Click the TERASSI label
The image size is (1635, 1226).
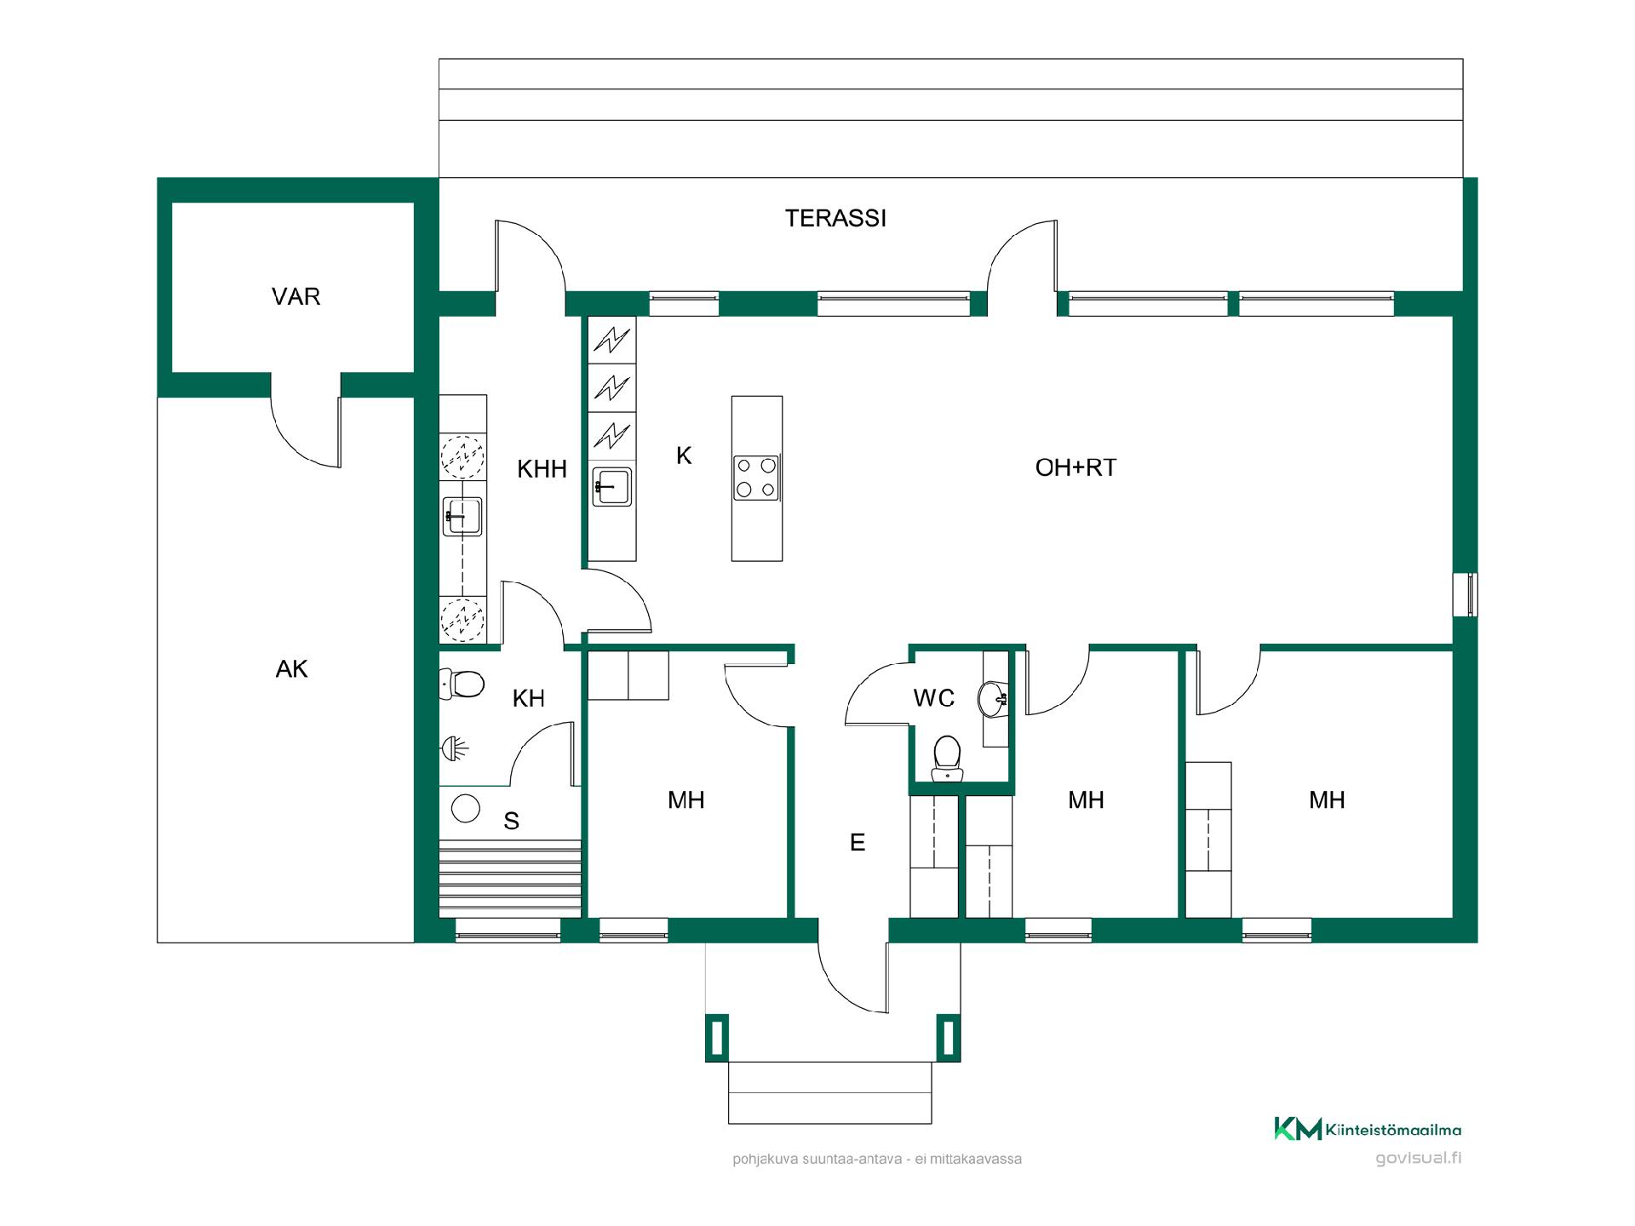(835, 219)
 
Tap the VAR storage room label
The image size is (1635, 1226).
(295, 297)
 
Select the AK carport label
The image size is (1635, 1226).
(291, 669)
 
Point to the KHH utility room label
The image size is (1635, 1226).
(542, 469)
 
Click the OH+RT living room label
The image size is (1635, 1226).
(1076, 467)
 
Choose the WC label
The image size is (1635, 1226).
(934, 698)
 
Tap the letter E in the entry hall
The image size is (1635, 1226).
(858, 842)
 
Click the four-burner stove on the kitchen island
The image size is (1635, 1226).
(756, 478)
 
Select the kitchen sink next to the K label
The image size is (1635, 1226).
(612, 486)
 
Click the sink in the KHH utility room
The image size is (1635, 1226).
(462, 516)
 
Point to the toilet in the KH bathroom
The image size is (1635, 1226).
(462, 684)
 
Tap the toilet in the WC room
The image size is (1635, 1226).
(947, 759)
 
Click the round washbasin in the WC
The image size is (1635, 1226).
(993, 699)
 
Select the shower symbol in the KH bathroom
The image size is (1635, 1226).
(455, 749)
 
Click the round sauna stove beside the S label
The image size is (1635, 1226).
(466, 808)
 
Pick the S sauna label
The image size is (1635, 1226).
(511, 821)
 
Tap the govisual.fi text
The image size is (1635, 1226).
(1419, 1158)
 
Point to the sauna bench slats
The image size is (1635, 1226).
(510, 878)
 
